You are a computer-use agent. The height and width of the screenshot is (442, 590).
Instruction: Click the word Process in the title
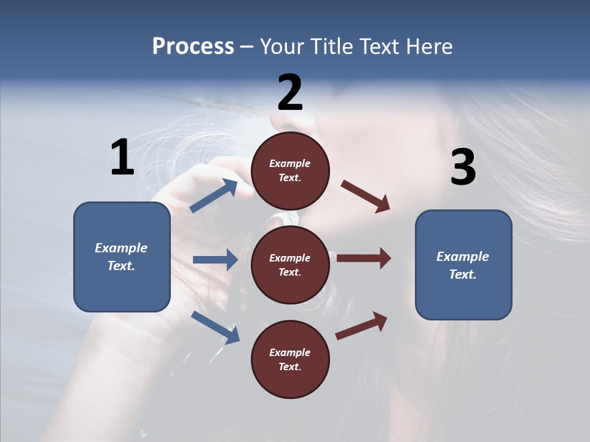pyautogui.click(x=193, y=47)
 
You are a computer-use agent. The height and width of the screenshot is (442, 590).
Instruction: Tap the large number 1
pyautogui.click(x=122, y=158)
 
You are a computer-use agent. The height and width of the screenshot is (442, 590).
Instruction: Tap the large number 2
pyautogui.click(x=290, y=93)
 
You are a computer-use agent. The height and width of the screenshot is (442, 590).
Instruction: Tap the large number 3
pyautogui.click(x=463, y=168)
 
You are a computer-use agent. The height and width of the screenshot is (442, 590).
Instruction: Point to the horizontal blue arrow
pyautogui.click(x=215, y=260)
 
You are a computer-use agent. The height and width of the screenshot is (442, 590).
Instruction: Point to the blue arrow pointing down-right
pyautogui.click(x=216, y=327)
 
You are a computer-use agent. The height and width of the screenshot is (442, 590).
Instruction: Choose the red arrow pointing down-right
pyautogui.click(x=366, y=196)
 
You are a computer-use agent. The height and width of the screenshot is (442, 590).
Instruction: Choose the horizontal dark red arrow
pyautogui.click(x=364, y=258)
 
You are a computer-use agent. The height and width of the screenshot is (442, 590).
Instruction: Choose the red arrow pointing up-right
pyautogui.click(x=361, y=325)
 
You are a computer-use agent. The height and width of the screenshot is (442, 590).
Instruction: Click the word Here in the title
pyautogui.click(x=430, y=47)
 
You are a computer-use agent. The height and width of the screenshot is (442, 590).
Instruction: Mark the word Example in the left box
pyautogui.click(x=121, y=248)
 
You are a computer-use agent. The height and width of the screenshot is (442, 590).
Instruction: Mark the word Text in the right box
pyautogui.click(x=463, y=274)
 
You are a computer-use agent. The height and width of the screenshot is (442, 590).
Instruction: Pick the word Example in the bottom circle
pyautogui.click(x=290, y=352)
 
